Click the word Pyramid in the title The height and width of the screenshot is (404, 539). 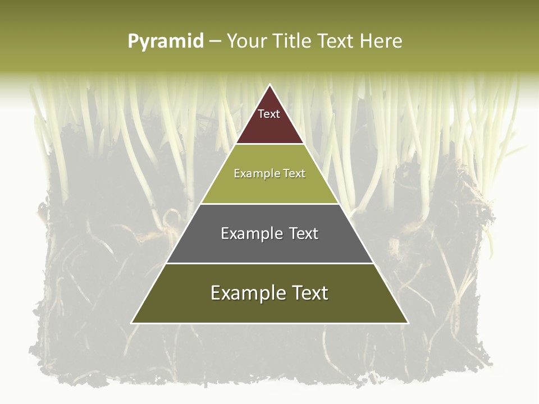[x=166, y=42]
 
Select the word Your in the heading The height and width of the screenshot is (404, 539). [x=245, y=42]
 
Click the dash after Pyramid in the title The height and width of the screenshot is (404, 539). [x=215, y=42]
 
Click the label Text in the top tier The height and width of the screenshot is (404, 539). [x=269, y=114]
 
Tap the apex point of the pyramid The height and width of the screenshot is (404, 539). [x=270, y=85]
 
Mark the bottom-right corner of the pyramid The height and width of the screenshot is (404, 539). [x=408, y=323]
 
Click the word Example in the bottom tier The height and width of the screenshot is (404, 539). [x=248, y=293]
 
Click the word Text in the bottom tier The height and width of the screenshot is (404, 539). [x=309, y=293]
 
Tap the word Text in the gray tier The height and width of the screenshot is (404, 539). [x=303, y=233]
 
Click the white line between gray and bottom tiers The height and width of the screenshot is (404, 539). [x=270, y=263]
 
